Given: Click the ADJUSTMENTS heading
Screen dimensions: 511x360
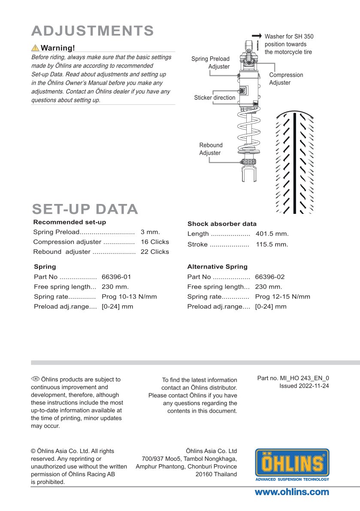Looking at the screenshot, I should point(93,31).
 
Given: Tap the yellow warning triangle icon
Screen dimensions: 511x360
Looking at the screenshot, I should point(35,48).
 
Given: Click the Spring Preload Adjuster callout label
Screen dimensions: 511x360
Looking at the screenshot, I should point(210,63).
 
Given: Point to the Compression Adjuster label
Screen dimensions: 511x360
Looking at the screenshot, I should point(286,79).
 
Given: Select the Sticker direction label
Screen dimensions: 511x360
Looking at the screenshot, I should point(215,97).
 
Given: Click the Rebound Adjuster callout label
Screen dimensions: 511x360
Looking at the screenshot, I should point(211,149).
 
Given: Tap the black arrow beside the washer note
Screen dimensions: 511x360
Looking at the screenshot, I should point(257,36).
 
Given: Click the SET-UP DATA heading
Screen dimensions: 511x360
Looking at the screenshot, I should point(85,209).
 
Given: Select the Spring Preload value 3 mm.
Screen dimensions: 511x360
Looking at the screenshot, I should point(150,232).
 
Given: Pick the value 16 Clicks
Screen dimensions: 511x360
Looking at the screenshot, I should point(154,242).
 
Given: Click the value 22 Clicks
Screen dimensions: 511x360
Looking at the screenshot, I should point(154,252).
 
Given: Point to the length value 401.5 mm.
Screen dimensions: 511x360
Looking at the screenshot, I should point(272,234).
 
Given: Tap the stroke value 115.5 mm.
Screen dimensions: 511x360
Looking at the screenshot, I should point(272,244).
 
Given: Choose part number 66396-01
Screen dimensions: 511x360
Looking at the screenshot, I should point(116,277).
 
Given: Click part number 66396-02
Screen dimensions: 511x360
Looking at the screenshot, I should point(270,277).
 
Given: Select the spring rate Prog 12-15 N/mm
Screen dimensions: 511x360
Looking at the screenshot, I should point(282,297).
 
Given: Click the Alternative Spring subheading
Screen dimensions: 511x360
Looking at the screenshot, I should point(217,267).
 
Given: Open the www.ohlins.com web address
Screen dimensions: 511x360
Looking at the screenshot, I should point(292,492).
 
